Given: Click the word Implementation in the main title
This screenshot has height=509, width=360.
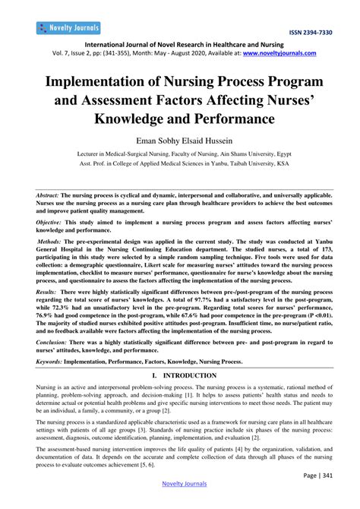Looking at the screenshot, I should pyautogui.click(x=116, y=81).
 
